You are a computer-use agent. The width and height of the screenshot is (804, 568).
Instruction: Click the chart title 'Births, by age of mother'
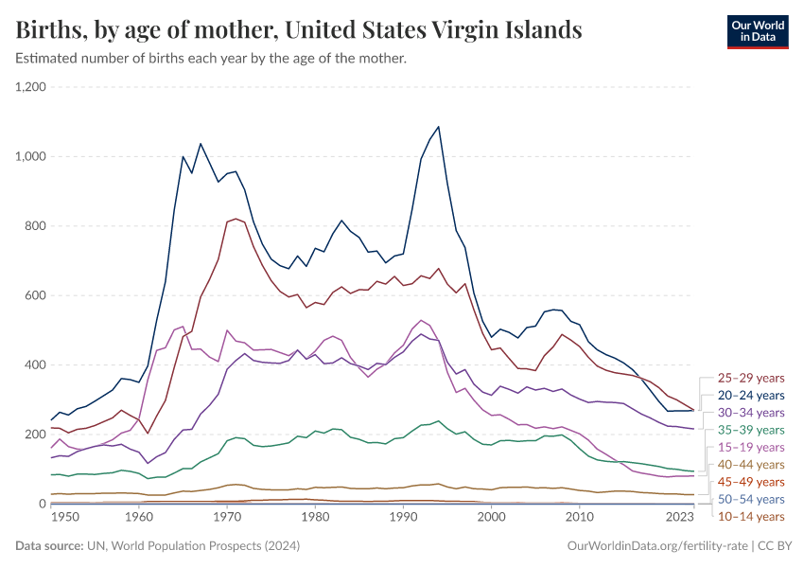pyautogui.click(x=299, y=30)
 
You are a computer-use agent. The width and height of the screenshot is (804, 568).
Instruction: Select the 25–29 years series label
pyautogui.click(x=751, y=378)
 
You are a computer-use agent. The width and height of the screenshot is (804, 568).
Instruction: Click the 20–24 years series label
pyautogui.click(x=751, y=395)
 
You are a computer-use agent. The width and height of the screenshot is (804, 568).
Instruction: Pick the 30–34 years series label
pyautogui.click(x=751, y=413)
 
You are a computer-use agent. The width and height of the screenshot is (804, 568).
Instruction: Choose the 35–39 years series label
pyautogui.click(x=751, y=430)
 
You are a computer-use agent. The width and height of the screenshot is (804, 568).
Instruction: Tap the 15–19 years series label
pyautogui.click(x=751, y=447)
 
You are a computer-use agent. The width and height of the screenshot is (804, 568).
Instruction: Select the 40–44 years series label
pyautogui.click(x=751, y=464)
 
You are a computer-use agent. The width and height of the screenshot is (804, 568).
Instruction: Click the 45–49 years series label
pyautogui.click(x=751, y=482)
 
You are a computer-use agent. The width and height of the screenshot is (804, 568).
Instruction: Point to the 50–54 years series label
pyautogui.click(x=751, y=499)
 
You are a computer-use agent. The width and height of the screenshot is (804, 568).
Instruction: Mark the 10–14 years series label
pyautogui.click(x=751, y=516)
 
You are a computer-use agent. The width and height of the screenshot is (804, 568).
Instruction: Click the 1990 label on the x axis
pyautogui.click(x=404, y=518)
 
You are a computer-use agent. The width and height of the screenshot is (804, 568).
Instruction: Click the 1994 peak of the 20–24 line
pyautogui.click(x=438, y=127)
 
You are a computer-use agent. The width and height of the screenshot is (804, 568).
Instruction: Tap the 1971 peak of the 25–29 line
pyautogui.click(x=236, y=219)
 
